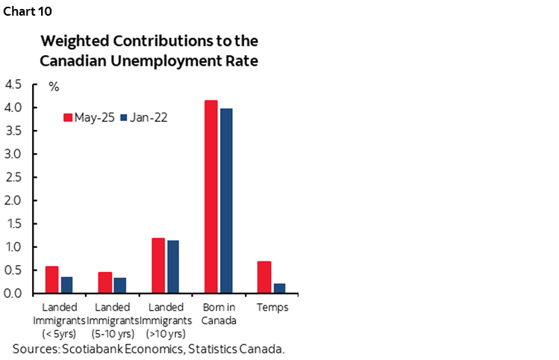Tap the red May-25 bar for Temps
coord(264,277)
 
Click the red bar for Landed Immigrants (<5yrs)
coord(52,279)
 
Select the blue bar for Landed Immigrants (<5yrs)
coord(66,285)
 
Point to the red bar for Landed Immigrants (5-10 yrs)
coord(105,282)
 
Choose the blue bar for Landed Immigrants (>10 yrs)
coord(172,267)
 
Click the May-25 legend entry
coord(88,117)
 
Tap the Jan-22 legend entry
coord(143,117)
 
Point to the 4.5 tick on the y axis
coord(13,84)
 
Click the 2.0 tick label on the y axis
coord(13,200)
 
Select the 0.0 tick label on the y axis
coord(13,293)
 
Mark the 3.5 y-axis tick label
coord(13,131)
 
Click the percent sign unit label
coord(54,87)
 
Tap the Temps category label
coord(272,307)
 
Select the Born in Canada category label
coord(219,314)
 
